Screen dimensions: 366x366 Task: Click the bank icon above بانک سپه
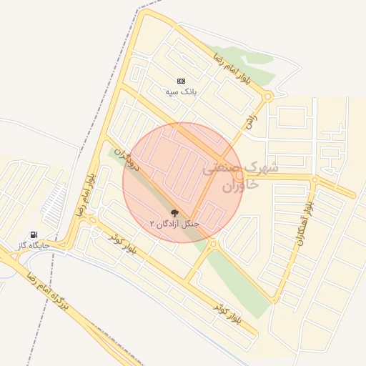[x=181, y=81]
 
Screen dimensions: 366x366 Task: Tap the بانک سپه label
[x=181, y=92]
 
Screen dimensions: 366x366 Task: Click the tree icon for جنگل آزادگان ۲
[x=174, y=213]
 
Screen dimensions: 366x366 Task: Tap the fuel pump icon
[x=34, y=235]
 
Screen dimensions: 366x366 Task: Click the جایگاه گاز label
[x=34, y=246]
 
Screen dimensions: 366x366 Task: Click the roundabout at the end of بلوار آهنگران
[x=315, y=179]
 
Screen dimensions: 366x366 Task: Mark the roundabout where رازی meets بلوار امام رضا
[x=268, y=97]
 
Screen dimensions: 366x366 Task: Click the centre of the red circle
[x=183, y=182]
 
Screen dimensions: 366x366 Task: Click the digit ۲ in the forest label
[x=152, y=224]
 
